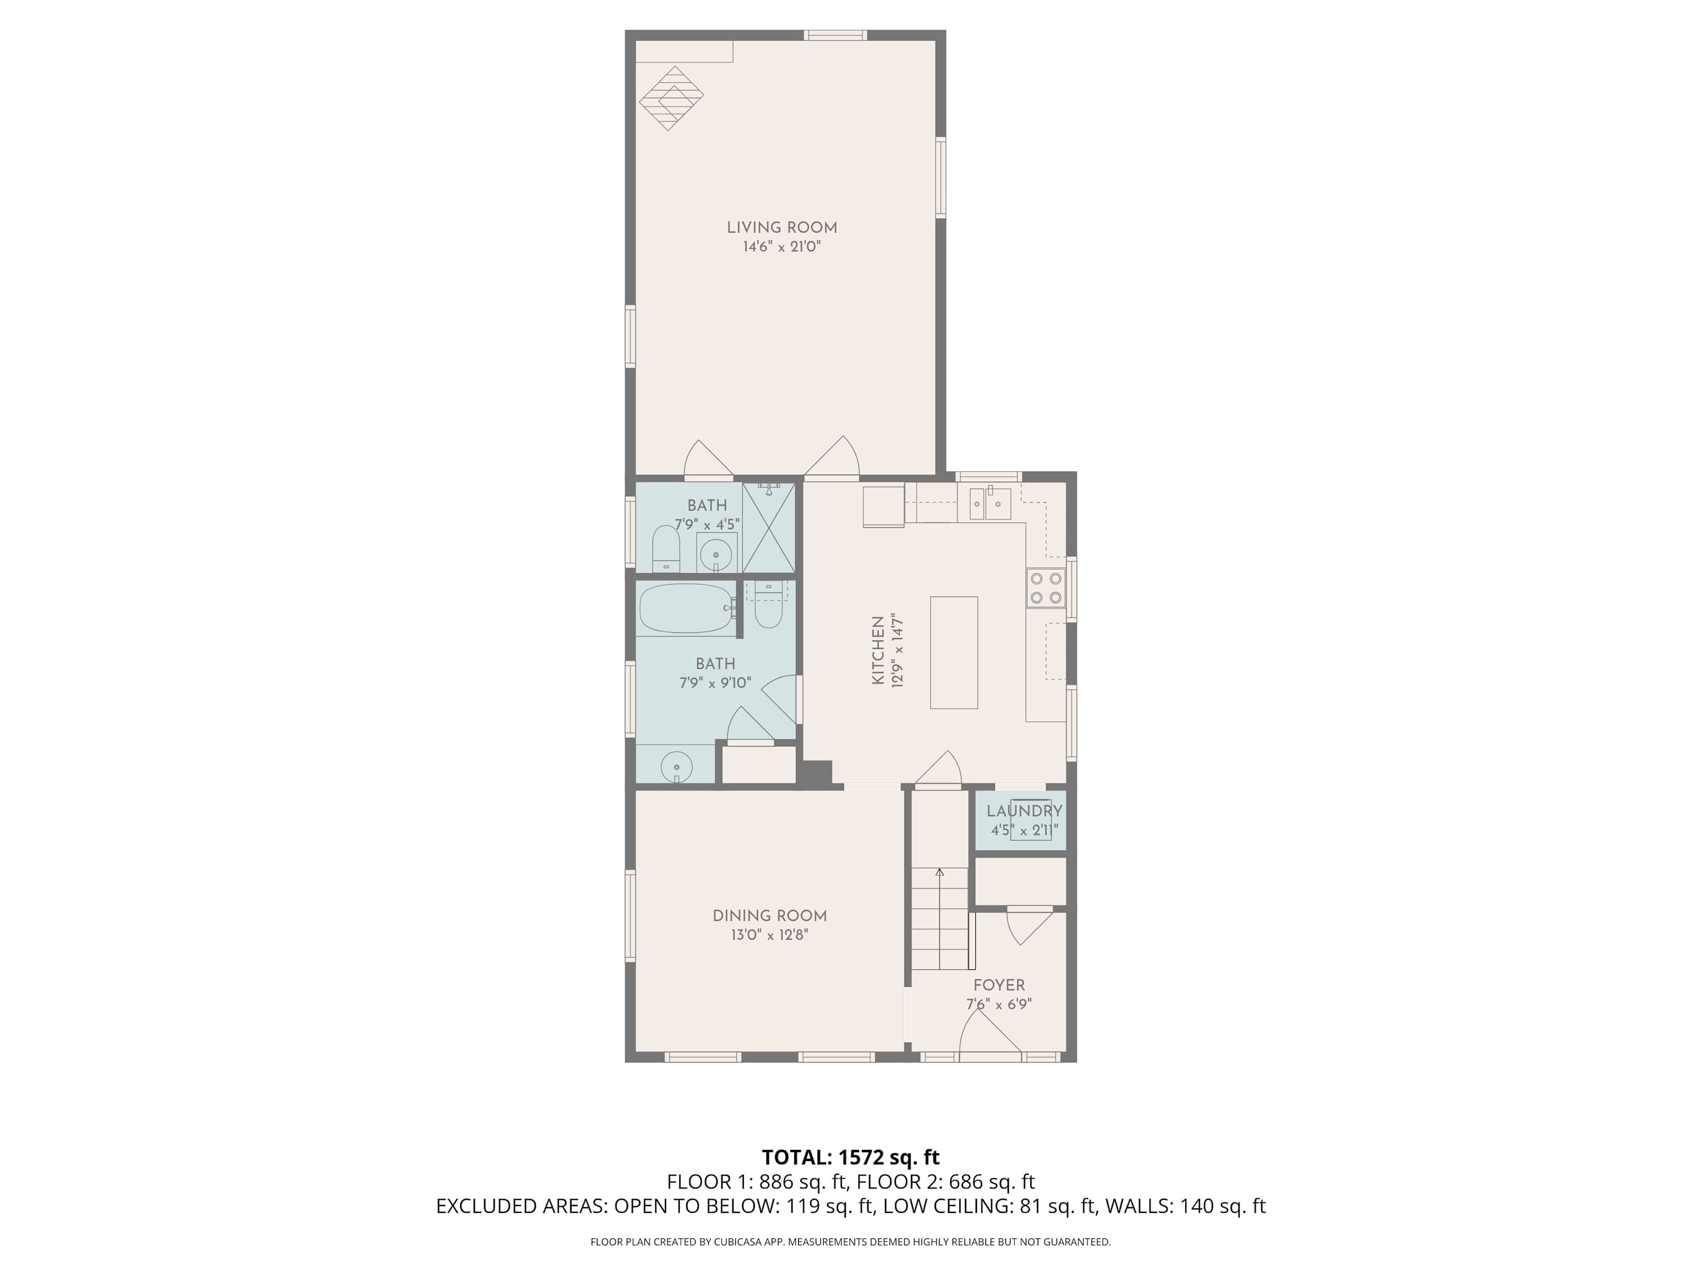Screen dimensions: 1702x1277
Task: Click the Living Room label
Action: [782, 228]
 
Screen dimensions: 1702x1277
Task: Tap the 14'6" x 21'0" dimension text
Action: [782, 247]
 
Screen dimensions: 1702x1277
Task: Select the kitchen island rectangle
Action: [954, 652]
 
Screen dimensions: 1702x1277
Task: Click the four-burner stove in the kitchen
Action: [1046, 588]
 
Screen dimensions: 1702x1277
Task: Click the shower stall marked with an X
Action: [769, 527]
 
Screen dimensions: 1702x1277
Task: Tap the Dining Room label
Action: [769, 916]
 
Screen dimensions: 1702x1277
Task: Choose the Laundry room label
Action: [1024, 810]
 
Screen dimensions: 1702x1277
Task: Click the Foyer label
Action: [999, 985]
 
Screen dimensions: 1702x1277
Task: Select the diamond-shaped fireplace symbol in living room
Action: [672, 98]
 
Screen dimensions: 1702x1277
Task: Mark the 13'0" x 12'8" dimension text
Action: [769, 935]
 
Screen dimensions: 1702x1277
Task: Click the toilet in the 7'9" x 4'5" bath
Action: [667, 549]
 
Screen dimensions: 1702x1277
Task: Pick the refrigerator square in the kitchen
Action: [884, 506]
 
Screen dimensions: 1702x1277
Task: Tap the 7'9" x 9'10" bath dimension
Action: [715, 683]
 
